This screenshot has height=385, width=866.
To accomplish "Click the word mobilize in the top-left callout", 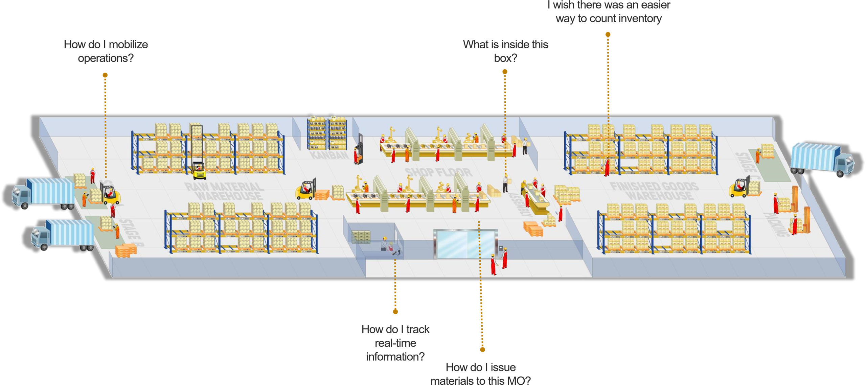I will [x=128, y=45].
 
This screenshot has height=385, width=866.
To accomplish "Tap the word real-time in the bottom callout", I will [x=395, y=343].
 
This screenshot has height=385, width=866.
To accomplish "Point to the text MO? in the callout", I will [x=519, y=381].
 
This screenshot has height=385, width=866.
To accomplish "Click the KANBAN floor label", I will [x=329, y=155].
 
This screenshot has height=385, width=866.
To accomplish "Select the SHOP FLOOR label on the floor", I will [x=438, y=172].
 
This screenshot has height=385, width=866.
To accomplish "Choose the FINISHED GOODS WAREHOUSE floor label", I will [x=654, y=191].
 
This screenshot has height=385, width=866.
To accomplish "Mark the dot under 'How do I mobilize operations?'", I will [x=105, y=75].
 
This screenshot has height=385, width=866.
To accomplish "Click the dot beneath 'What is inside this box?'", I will [x=505, y=72].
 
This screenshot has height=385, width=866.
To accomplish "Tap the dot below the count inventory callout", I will [x=608, y=34].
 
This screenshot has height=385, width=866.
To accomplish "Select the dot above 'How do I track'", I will [x=395, y=311].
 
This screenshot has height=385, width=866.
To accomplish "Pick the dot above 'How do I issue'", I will [x=482, y=350].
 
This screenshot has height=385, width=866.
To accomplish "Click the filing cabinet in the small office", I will [x=361, y=237].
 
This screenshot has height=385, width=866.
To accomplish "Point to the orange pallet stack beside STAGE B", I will [x=126, y=251].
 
